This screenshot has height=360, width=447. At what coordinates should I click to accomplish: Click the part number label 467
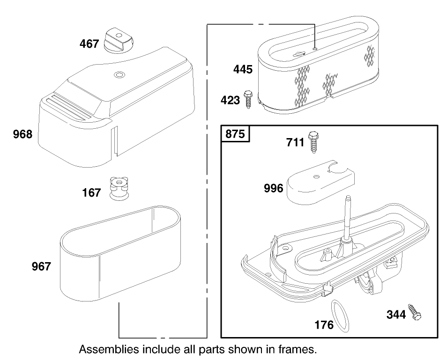coord(89,44)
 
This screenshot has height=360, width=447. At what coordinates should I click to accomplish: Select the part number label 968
coord(22,135)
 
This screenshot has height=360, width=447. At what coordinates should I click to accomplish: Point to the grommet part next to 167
coord(119,188)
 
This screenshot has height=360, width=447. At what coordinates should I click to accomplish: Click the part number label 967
coord(41,267)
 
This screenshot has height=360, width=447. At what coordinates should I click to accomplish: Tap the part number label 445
coord(243,70)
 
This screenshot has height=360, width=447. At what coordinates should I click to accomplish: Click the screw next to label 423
coord(248,100)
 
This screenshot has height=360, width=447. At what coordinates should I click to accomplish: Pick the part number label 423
coord(230,100)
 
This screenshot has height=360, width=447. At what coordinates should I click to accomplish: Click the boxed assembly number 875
coord(235,134)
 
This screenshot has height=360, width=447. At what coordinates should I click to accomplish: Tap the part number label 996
coord(274,188)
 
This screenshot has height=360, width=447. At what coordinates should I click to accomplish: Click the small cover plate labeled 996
coord(320,183)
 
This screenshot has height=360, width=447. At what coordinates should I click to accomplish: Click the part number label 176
coord(324,324)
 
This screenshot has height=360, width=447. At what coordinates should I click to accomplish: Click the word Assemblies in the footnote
coord(108,349)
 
